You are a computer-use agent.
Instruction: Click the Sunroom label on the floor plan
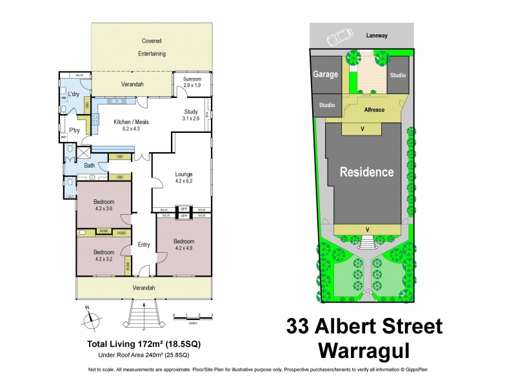(x=193, y=79)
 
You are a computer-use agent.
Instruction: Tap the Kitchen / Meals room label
(x=127, y=122)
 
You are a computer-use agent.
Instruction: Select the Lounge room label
(x=184, y=174)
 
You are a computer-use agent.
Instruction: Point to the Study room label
(x=190, y=112)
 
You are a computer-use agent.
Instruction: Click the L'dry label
(x=74, y=95)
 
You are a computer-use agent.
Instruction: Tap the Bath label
(x=90, y=166)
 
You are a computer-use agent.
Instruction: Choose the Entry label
(x=143, y=244)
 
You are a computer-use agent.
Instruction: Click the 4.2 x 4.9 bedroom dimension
(x=184, y=248)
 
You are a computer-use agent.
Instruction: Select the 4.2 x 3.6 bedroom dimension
(x=103, y=208)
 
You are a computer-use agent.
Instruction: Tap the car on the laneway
(x=339, y=38)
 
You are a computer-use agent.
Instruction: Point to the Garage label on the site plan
(x=326, y=74)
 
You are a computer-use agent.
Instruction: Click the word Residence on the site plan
(x=367, y=172)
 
